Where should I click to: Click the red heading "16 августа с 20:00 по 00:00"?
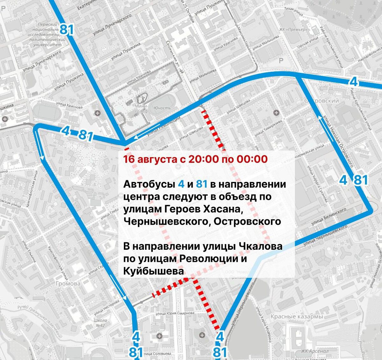coord(195,159)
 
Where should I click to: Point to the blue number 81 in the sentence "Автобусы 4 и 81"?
coord(202,184)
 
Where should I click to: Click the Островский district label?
coord(322,101)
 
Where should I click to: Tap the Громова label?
coord(68,284)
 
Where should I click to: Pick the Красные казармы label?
coord(296,316)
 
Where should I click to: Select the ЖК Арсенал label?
coord(315,351)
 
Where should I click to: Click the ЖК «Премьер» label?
coord(294,30)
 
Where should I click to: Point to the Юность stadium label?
coord(162,108)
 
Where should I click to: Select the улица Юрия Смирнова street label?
coord(175,313)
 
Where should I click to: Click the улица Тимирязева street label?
coord(268,127)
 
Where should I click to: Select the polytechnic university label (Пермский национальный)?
coord(47,35)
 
